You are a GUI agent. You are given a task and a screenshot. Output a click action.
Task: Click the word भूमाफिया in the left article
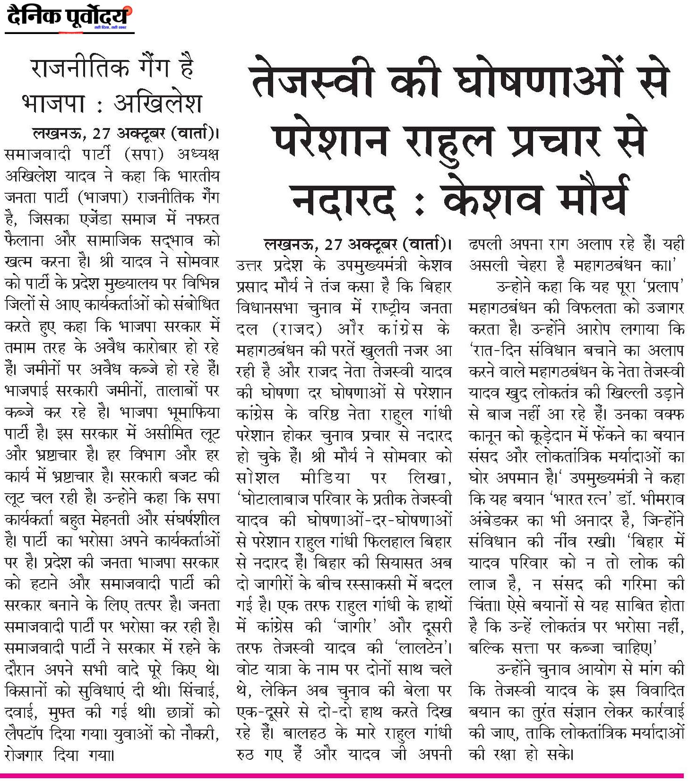(x=194, y=412)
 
